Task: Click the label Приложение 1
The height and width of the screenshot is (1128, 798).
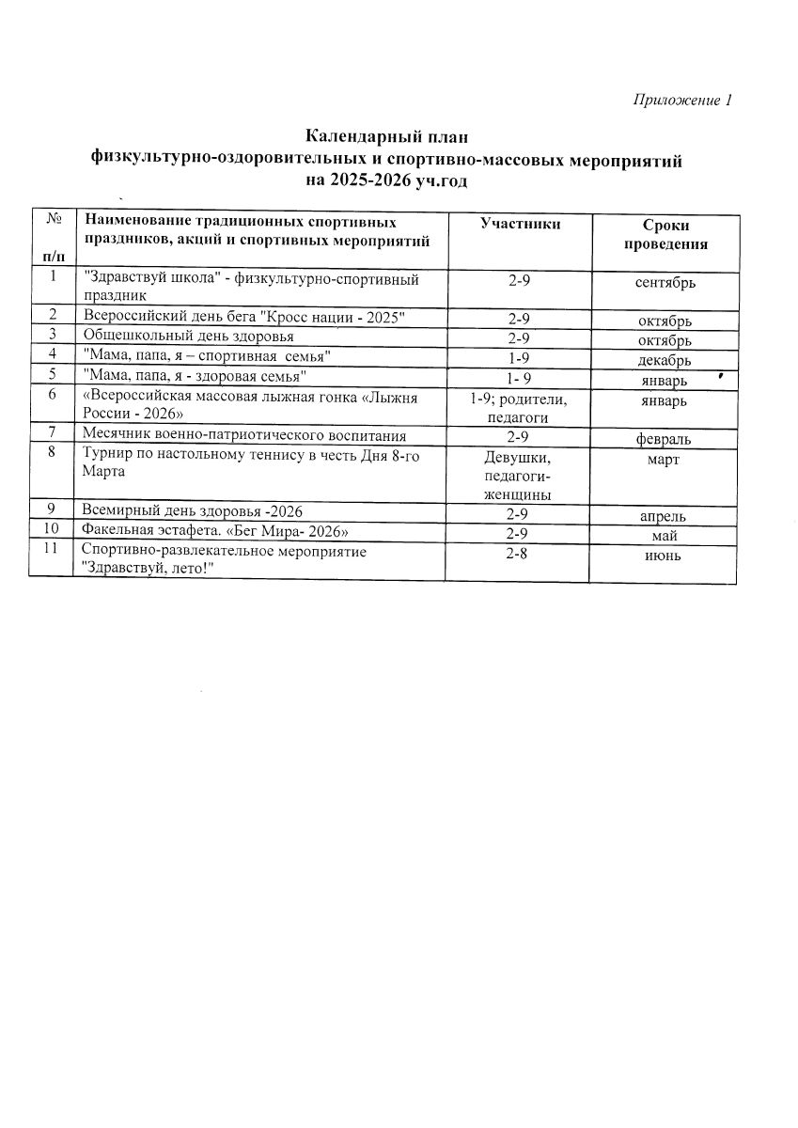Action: point(681,101)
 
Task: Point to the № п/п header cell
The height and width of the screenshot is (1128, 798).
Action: point(53,239)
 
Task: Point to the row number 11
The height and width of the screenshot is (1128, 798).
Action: point(53,549)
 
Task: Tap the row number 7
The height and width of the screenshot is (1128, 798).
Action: point(53,433)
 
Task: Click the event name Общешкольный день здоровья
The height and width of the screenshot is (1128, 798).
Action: point(188,336)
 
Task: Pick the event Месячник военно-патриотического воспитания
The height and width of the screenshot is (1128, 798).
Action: point(243,435)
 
